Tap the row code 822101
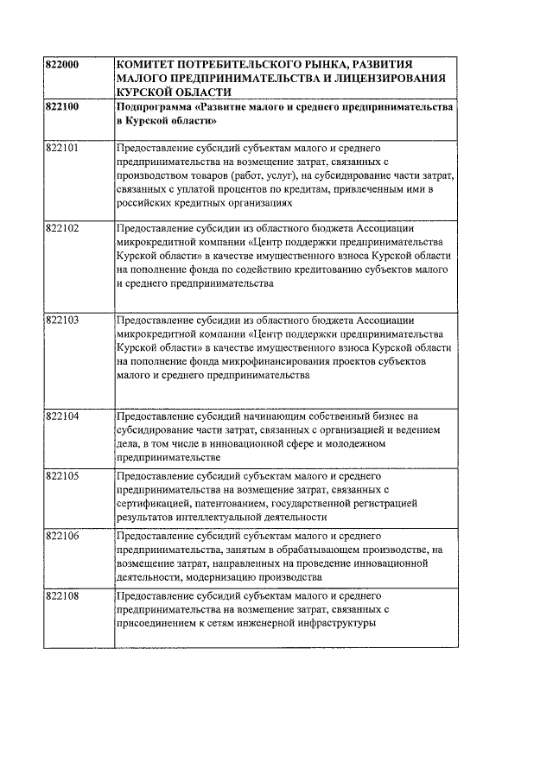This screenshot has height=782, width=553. point(61,149)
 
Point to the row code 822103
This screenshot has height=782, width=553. point(61,320)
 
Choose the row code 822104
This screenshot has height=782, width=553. point(61,416)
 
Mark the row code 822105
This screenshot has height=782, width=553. point(61,476)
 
